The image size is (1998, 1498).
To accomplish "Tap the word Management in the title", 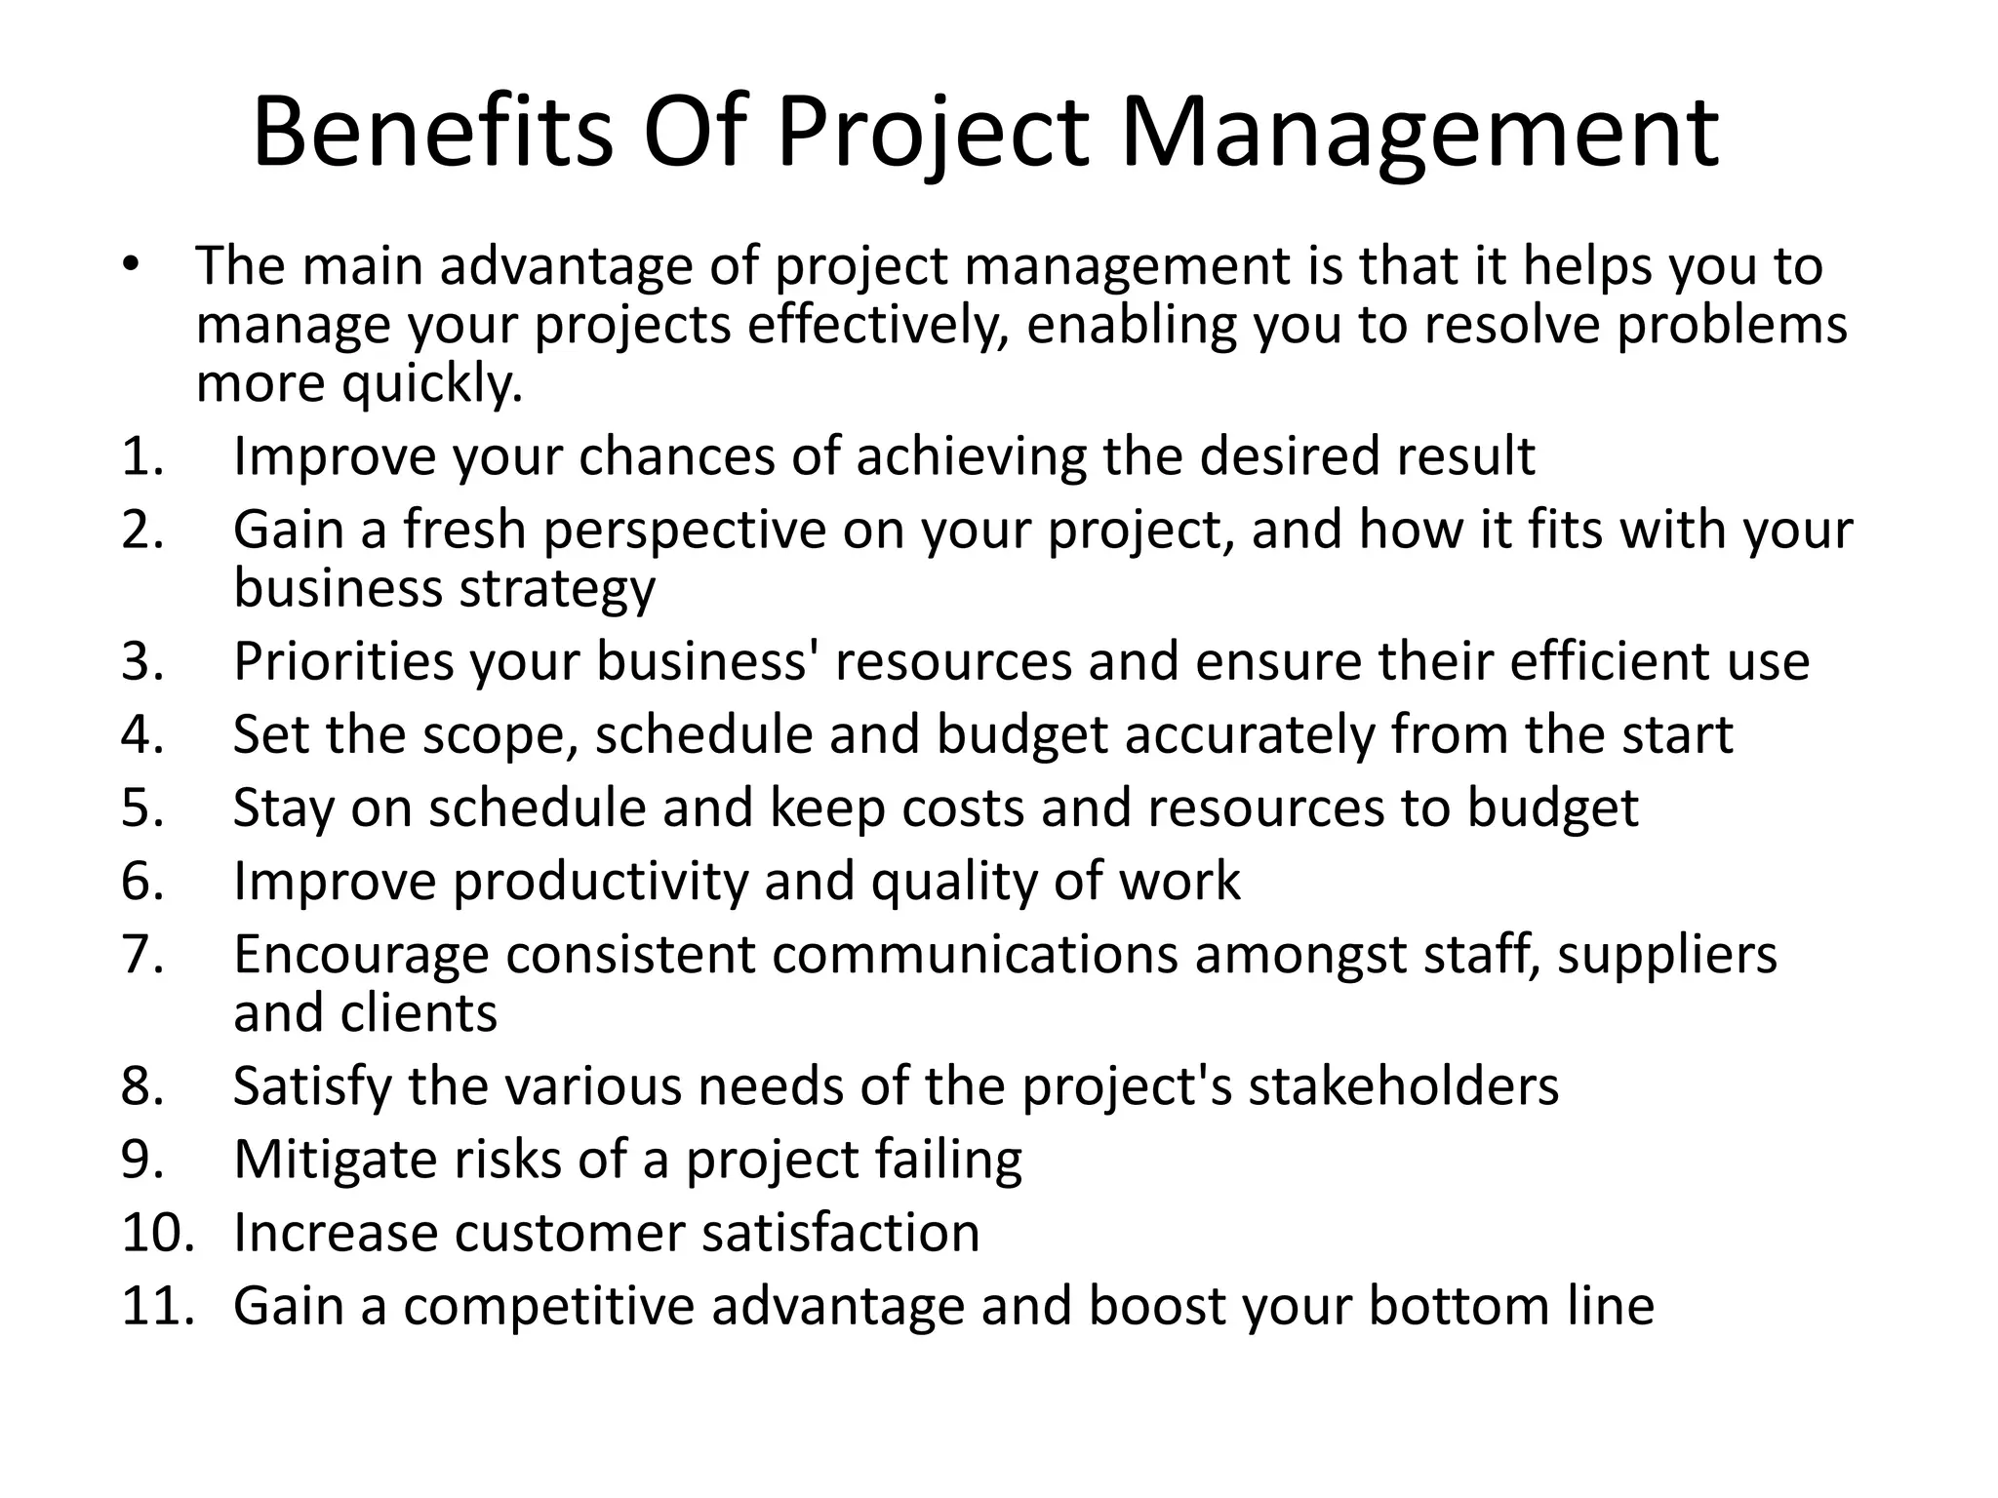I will [x=1419, y=135].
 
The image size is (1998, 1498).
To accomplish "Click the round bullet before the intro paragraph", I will [x=133, y=265].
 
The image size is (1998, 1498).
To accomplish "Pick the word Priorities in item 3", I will [x=343, y=661].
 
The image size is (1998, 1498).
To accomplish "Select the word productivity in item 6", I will [x=600, y=882].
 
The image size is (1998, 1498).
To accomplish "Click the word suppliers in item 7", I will [x=1667, y=955].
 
